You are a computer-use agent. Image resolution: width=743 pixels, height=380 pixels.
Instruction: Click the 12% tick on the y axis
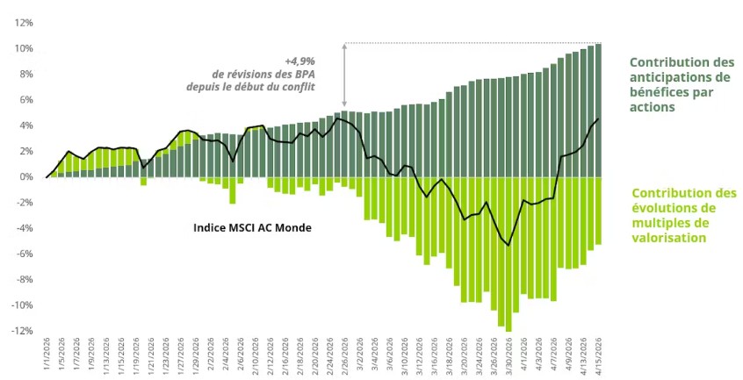(22, 23)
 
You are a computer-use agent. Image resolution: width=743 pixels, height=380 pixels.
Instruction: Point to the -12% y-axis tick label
(20, 331)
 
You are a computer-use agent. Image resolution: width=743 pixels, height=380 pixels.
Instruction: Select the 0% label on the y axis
(25, 177)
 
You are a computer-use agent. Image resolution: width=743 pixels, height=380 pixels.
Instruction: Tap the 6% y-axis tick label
(25, 100)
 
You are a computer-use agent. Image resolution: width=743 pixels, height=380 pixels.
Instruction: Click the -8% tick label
(22, 280)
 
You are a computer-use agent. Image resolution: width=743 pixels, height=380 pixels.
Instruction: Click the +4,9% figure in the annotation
(300, 61)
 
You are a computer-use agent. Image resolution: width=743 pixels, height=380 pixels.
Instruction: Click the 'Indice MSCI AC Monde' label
(252, 227)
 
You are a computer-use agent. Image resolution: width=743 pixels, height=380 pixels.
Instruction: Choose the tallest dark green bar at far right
(599, 110)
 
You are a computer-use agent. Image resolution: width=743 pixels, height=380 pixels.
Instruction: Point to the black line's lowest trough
(509, 245)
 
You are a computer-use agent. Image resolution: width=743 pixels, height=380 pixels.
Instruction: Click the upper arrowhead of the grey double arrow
(344, 46)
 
